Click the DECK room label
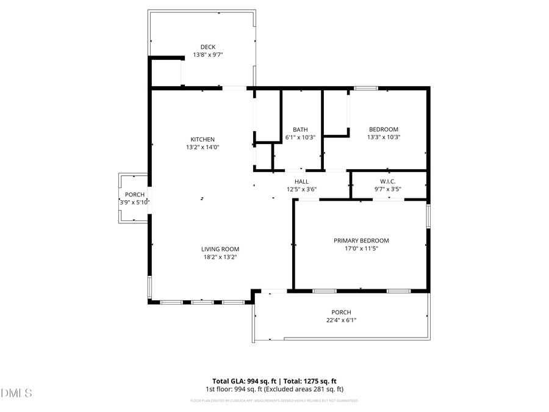208,47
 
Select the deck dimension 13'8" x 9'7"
208,55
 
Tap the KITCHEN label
203,139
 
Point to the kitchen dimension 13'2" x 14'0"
203,147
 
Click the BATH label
300,129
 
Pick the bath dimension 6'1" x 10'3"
300,137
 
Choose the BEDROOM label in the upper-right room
384,129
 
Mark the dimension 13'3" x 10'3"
384,137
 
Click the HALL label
301,181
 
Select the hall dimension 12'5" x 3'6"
301,189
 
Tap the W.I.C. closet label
389,181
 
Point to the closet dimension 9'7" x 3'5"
389,189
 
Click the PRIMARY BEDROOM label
361,240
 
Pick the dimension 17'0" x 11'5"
361,248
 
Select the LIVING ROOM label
220,249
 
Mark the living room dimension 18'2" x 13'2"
220,257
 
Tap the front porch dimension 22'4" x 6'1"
341,320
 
